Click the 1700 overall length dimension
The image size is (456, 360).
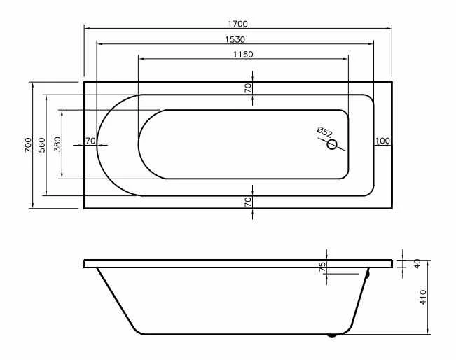tap(237, 24)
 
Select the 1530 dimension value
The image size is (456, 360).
tap(235, 39)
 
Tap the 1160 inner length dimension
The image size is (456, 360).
tap(243, 55)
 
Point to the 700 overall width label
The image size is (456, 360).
tap(28, 144)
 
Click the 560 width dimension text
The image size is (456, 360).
tap(42, 145)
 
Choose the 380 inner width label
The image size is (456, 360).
tap(57, 144)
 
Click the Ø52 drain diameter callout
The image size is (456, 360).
tap(324, 132)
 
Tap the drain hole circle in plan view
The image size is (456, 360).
tap(332, 144)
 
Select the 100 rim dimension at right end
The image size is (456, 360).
tap(382, 141)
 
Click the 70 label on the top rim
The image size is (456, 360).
tap(248, 88)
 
